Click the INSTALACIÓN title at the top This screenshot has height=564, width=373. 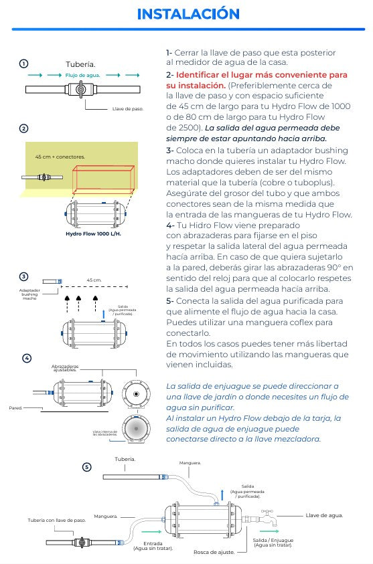point(188,14)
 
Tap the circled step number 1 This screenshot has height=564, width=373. point(23,64)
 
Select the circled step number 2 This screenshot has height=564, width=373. point(23,128)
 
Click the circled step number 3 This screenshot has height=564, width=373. point(23,276)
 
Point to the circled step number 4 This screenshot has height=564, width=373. point(27,358)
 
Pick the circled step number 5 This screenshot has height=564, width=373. point(86,466)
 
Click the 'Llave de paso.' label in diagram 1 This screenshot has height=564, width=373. point(128,108)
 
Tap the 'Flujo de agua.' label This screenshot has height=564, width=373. point(83,75)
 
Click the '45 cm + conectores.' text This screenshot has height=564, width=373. point(60,157)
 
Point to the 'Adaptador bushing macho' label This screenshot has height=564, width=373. point(29,294)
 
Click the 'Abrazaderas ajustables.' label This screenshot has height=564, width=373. point(65,368)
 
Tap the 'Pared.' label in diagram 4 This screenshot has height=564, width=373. point(15,407)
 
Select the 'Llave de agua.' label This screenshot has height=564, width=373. point(324,515)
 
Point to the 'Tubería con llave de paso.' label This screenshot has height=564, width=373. point(56,520)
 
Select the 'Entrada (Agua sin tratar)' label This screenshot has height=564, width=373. point(153,545)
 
